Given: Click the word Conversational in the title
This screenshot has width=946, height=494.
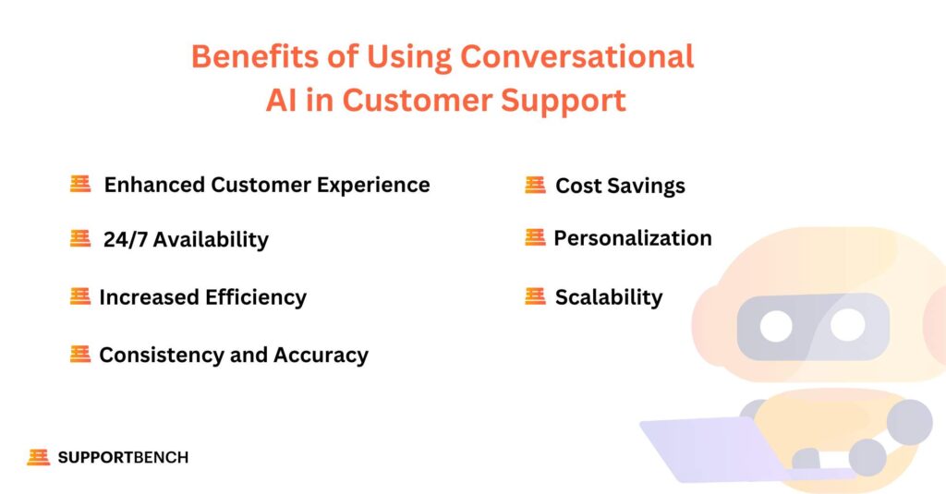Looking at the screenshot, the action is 576,56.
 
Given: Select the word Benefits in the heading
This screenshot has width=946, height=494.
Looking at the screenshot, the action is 255,56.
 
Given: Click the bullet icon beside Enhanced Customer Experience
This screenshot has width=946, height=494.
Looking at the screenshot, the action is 80,184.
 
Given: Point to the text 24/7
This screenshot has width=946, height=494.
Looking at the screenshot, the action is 125,239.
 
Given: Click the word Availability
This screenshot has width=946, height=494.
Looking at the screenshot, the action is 211,239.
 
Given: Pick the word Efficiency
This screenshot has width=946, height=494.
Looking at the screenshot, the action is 256,297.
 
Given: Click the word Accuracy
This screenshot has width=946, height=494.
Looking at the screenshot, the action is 321,355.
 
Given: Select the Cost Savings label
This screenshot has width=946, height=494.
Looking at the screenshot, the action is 620,186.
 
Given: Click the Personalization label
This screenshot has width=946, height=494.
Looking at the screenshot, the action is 633,238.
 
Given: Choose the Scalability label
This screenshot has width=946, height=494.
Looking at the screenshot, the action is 609,297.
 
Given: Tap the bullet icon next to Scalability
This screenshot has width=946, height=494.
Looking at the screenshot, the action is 535,296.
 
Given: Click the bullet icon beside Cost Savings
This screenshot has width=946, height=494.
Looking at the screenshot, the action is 535,185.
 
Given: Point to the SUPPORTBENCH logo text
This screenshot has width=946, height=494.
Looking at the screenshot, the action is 123,458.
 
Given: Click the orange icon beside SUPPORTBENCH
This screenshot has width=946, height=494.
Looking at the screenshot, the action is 39,457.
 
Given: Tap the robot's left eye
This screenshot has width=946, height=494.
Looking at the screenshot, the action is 776,327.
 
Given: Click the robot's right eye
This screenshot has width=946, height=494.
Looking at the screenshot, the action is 848,323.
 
